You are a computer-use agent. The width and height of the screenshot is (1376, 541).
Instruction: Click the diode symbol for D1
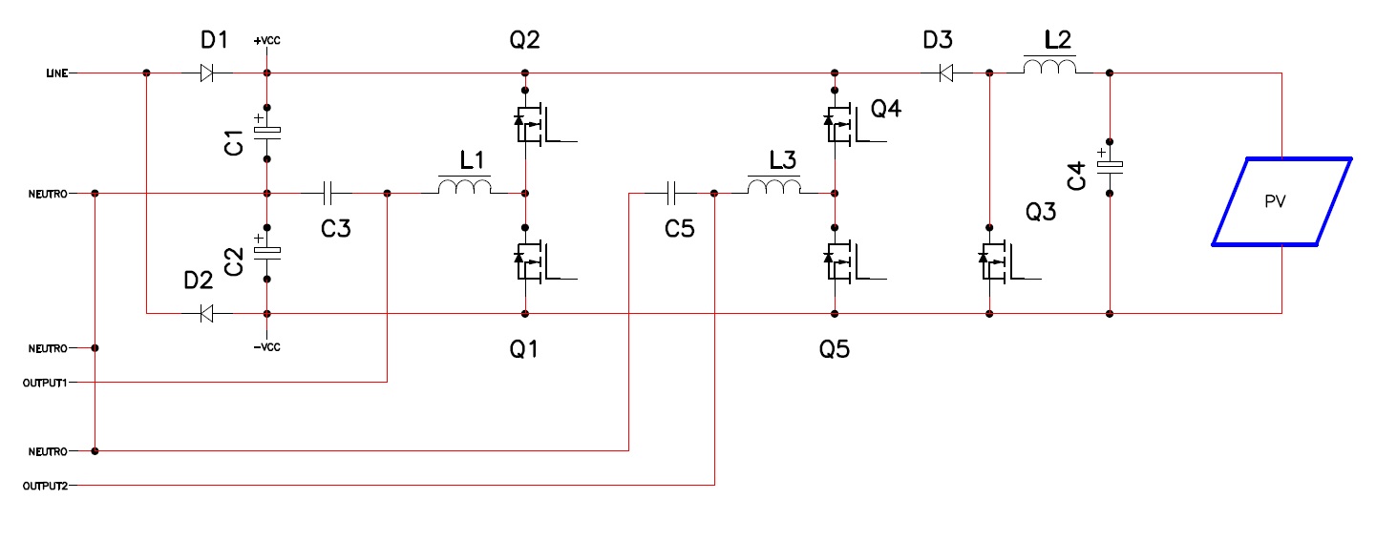click(x=207, y=73)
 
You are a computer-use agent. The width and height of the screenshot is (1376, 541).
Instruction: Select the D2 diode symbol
click(x=206, y=314)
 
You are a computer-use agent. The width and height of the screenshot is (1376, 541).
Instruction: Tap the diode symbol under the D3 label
click(x=946, y=73)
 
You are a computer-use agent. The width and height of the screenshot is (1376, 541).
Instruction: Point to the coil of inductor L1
click(x=464, y=186)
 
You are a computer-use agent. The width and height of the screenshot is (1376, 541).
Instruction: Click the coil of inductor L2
click(x=1049, y=66)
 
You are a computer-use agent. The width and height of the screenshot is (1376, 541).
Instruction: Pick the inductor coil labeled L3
click(x=774, y=186)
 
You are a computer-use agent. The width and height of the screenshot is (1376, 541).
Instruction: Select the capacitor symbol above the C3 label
click(x=328, y=194)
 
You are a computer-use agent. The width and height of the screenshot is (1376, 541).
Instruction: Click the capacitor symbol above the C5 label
click(x=670, y=194)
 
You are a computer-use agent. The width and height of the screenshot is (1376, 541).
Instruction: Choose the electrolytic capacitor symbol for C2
click(x=267, y=252)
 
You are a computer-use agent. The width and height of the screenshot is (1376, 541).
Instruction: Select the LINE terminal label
click(x=57, y=73)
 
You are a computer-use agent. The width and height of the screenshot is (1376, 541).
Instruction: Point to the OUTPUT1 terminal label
click(x=45, y=383)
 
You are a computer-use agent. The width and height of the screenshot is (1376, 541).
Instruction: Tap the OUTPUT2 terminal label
click(x=45, y=486)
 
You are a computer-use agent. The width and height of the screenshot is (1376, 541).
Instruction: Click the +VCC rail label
click(x=266, y=40)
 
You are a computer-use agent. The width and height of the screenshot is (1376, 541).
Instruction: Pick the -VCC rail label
click(x=266, y=347)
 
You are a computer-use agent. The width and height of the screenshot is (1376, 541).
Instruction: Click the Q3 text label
click(x=1041, y=212)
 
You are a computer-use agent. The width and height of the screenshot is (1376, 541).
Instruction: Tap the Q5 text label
click(x=835, y=349)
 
